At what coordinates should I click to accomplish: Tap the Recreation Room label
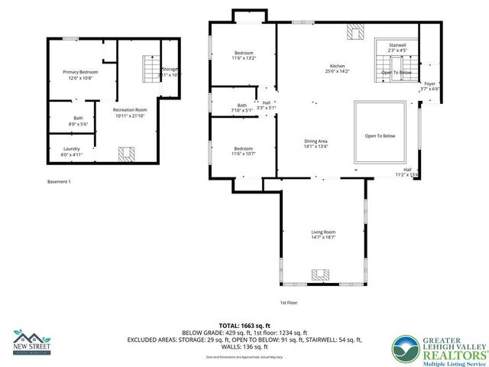point(129,113)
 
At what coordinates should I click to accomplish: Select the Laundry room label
point(72,151)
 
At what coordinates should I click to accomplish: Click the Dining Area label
point(316,144)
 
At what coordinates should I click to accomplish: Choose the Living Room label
point(323,235)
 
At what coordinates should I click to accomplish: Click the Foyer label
point(430,86)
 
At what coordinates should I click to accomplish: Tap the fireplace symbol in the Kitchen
point(356,31)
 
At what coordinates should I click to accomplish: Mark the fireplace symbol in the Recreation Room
point(127,153)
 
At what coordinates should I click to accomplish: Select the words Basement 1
point(59,181)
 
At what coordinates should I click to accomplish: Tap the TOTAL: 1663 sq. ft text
point(244,326)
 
